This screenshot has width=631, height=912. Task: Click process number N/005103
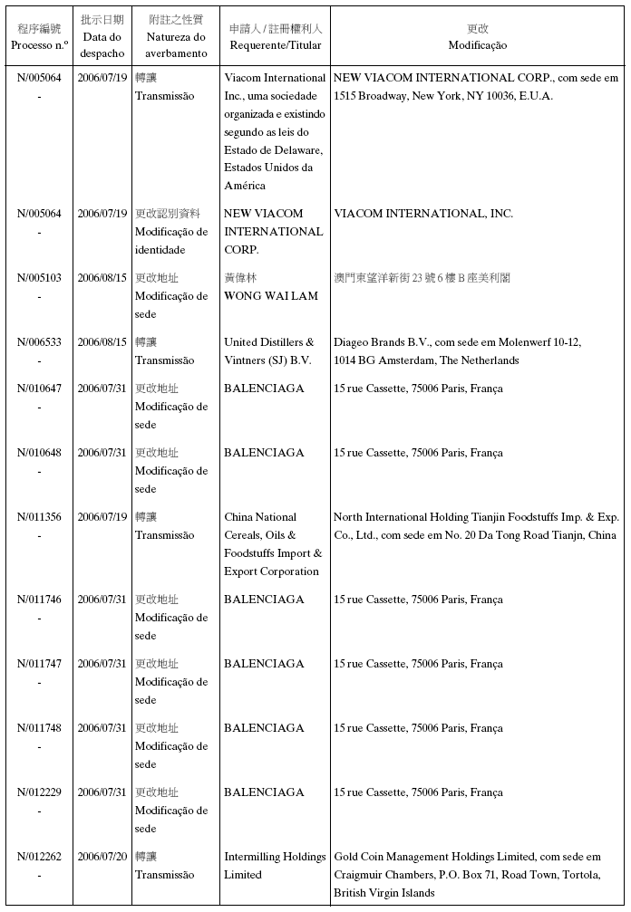point(40,278)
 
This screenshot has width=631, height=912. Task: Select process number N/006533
point(40,342)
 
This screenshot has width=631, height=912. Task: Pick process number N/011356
point(40,517)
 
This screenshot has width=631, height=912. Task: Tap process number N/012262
point(40,857)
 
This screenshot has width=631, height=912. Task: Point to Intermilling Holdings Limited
point(275,866)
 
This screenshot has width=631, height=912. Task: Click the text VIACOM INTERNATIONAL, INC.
point(423,214)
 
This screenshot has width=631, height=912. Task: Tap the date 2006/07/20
point(102,857)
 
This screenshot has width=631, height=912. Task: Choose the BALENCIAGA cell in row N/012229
point(264,792)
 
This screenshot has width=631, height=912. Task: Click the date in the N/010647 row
point(102,389)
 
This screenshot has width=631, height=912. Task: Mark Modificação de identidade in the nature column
point(171,241)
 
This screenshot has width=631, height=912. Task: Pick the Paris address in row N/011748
point(418,728)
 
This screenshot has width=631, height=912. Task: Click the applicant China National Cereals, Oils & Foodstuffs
point(273,544)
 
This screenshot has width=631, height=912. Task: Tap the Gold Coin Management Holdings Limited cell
point(467,875)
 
